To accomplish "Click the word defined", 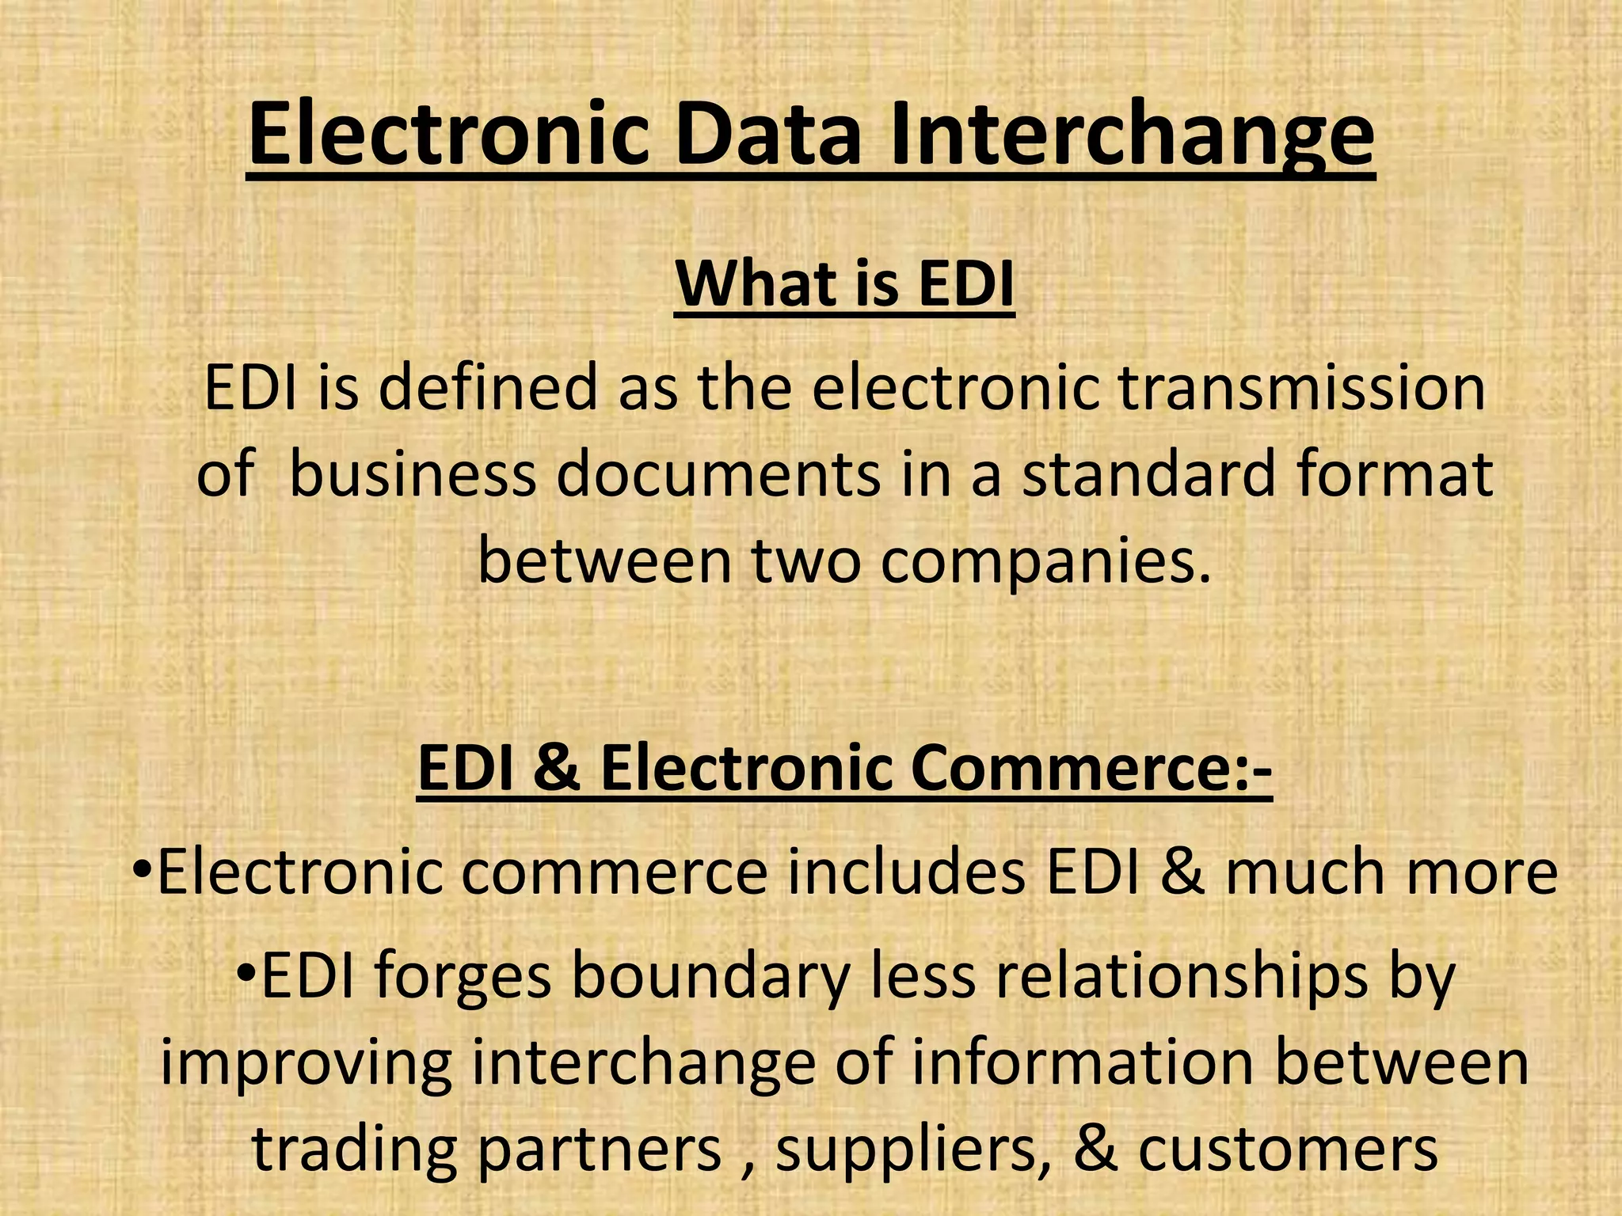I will click(x=488, y=388).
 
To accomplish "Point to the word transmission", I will click(x=1302, y=388).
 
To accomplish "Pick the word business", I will click(x=413, y=475).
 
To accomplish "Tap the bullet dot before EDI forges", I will click(x=246, y=970).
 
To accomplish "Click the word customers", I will click(x=1288, y=1150).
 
